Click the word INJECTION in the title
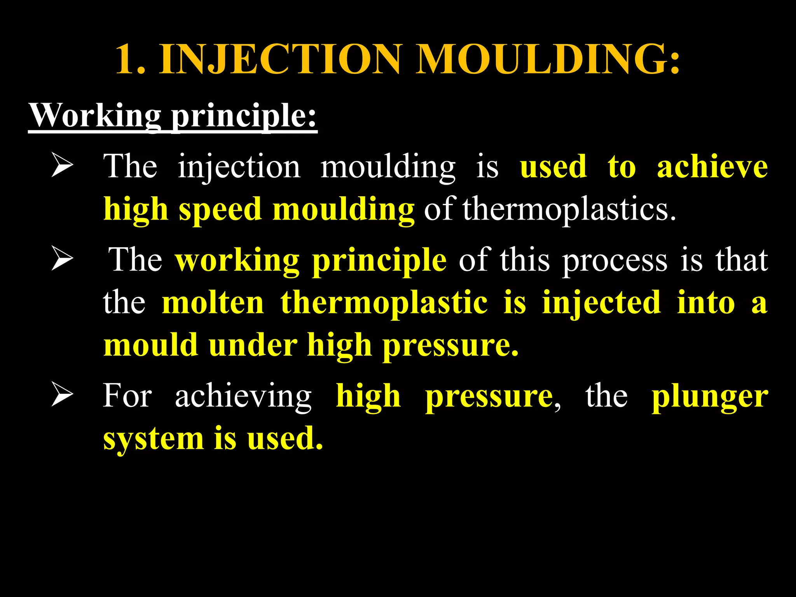(x=280, y=59)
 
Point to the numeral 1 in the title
(x=128, y=59)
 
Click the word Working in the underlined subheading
(x=95, y=115)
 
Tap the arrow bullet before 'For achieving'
(x=62, y=395)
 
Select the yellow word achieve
(x=712, y=167)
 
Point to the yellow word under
(x=253, y=345)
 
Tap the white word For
(x=127, y=396)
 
